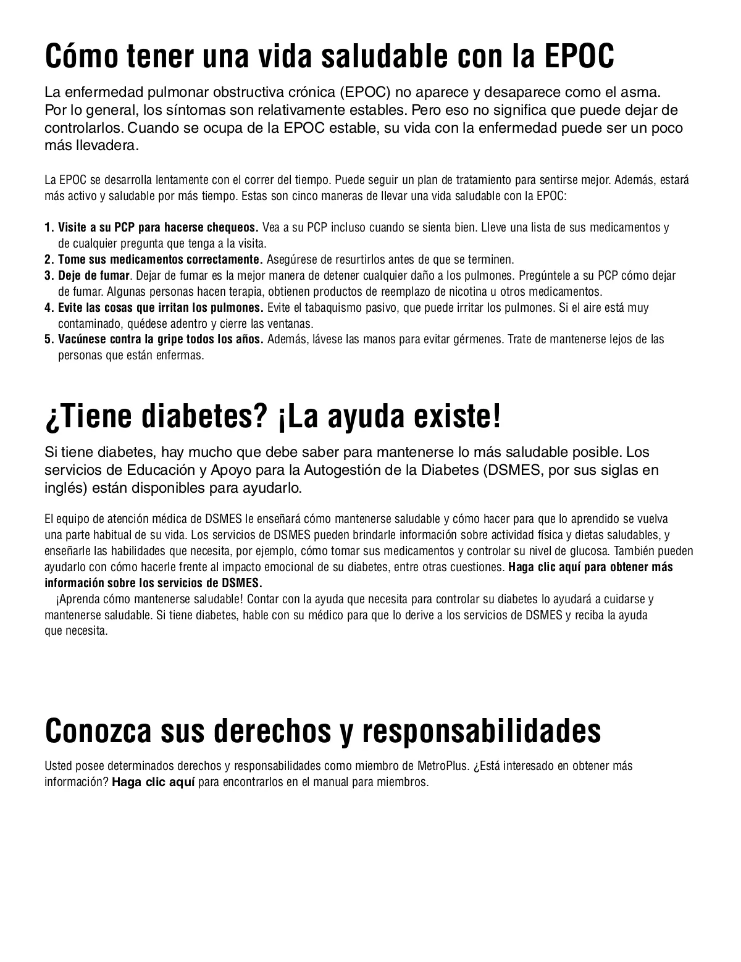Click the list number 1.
[x=49, y=227]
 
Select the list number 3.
[x=49, y=275]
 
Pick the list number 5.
[x=49, y=340]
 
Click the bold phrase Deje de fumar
[x=94, y=275]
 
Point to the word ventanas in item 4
[x=291, y=324]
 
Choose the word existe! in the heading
[x=458, y=417]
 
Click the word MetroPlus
[x=443, y=766]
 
